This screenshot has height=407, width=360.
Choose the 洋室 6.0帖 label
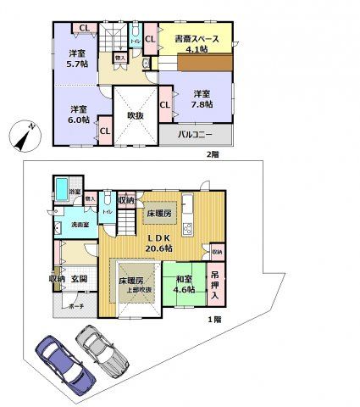pos(78,114)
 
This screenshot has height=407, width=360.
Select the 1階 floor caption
pos(215,320)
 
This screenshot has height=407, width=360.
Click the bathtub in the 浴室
pos(62,187)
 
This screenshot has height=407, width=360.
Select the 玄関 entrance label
pos(79,278)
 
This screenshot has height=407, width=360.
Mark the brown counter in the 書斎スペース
pos(204,64)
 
